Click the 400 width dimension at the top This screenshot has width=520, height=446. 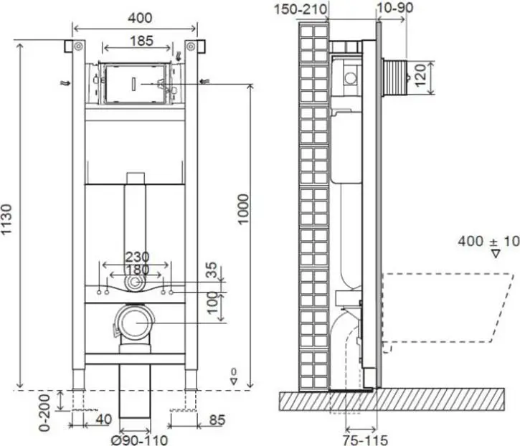tap(140, 18)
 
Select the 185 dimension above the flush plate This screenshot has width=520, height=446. tap(141, 41)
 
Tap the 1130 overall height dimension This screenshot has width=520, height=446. tap(6, 219)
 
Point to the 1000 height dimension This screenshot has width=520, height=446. tap(243, 209)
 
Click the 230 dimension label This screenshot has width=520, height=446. tap(137, 257)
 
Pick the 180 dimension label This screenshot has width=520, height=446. tap(137, 270)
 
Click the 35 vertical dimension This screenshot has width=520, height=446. tap(212, 270)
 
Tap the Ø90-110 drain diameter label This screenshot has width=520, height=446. tap(139, 440)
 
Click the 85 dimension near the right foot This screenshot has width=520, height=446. tap(217, 420)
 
